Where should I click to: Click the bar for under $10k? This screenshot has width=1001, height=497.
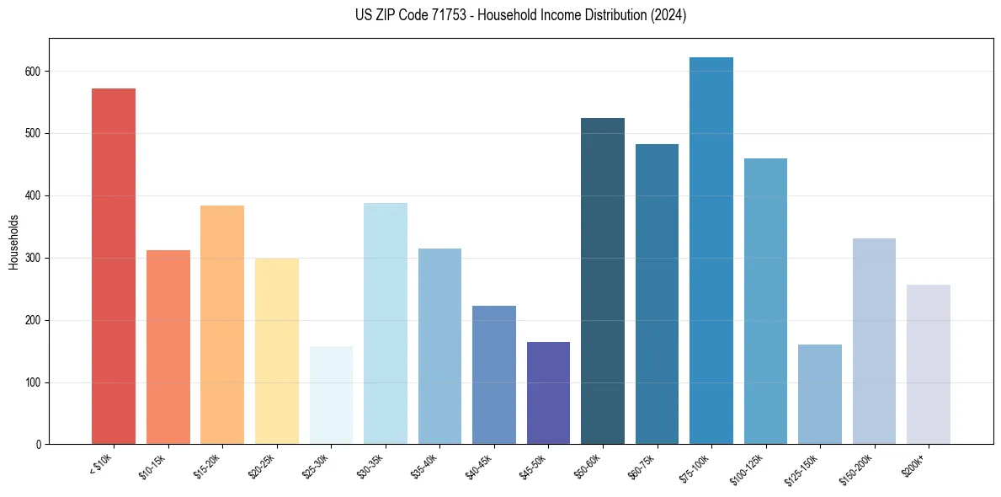[114, 266]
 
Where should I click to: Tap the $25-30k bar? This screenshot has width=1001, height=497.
[331, 395]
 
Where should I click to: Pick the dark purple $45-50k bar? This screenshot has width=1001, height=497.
[548, 393]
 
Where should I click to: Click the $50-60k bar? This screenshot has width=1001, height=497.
[603, 281]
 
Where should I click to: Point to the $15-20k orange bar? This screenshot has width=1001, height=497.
[222, 325]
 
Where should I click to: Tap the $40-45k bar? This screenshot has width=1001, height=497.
[494, 375]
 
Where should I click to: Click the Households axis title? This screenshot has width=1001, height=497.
[14, 241]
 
